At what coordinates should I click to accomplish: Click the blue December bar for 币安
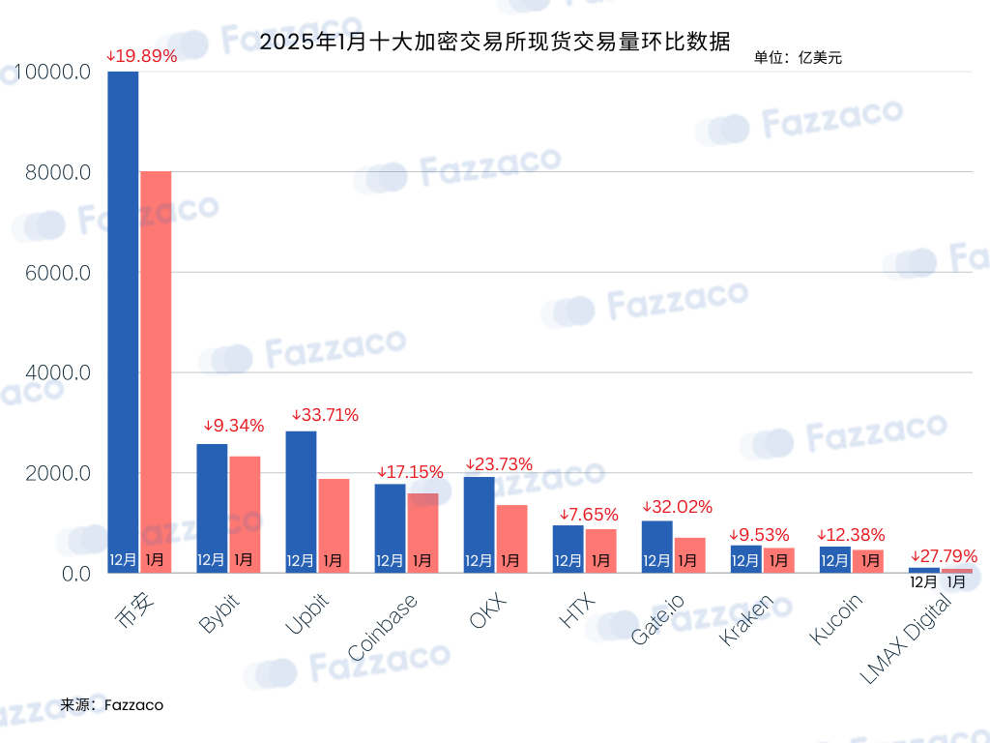[x=123, y=322]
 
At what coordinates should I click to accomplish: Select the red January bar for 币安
[x=156, y=372]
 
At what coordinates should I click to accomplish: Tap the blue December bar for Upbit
[x=302, y=502]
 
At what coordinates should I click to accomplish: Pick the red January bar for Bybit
[x=245, y=515]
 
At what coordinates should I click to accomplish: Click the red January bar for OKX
[x=512, y=539]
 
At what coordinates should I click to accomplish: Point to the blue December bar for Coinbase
[x=391, y=528]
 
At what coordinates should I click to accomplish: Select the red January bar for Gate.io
[x=690, y=555]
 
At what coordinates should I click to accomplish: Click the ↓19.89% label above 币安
[x=141, y=56]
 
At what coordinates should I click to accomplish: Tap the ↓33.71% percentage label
[x=325, y=415]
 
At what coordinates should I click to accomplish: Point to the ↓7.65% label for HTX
[x=589, y=515]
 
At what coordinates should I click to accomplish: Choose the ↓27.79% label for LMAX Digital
[x=944, y=556]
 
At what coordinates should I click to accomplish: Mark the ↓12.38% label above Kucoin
[x=851, y=535]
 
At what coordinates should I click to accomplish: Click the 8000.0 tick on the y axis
[x=58, y=172]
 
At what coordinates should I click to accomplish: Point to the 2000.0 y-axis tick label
[x=58, y=473]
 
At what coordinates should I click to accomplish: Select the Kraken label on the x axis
[x=745, y=620]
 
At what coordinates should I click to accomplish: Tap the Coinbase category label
[x=383, y=627]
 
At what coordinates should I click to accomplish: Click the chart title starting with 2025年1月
[x=495, y=42]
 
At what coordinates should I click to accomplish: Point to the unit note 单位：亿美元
[x=798, y=57]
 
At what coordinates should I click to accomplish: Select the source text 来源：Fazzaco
[x=112, y=705]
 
